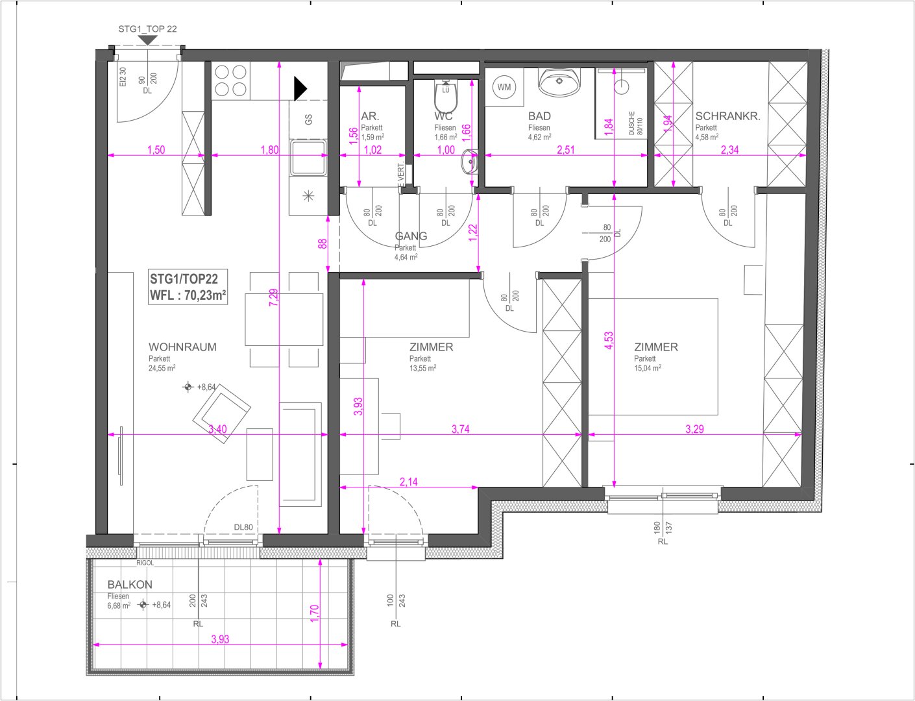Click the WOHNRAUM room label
click(x=182, y=347)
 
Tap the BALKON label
click(x=130, y=584)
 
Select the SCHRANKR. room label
click(x=727, y=116)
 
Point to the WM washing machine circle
click(x=504, y=87)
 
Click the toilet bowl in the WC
click(x=446, y=98)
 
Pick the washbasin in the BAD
click(x=559, y=82)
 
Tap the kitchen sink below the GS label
click(x=308, y=158)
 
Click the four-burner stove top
click(x=231, y=80)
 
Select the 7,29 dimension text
click(x=274, y=297)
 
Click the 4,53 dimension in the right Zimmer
click(x=609, y=341)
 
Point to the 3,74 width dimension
click(x=460, y=429)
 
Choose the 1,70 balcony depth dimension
click(x=314, y=614)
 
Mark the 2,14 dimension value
click(x=408, y=482)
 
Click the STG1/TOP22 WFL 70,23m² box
click(x=188, y=287)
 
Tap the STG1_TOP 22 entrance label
click(x=147, y=29)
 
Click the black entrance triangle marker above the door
click(x=147, y=40)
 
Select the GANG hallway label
click(x=411, y=236)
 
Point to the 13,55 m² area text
click(x=422, y=368)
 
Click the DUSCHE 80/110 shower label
click(x=635, y=123)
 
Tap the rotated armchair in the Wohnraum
click(x=222, y=414)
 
